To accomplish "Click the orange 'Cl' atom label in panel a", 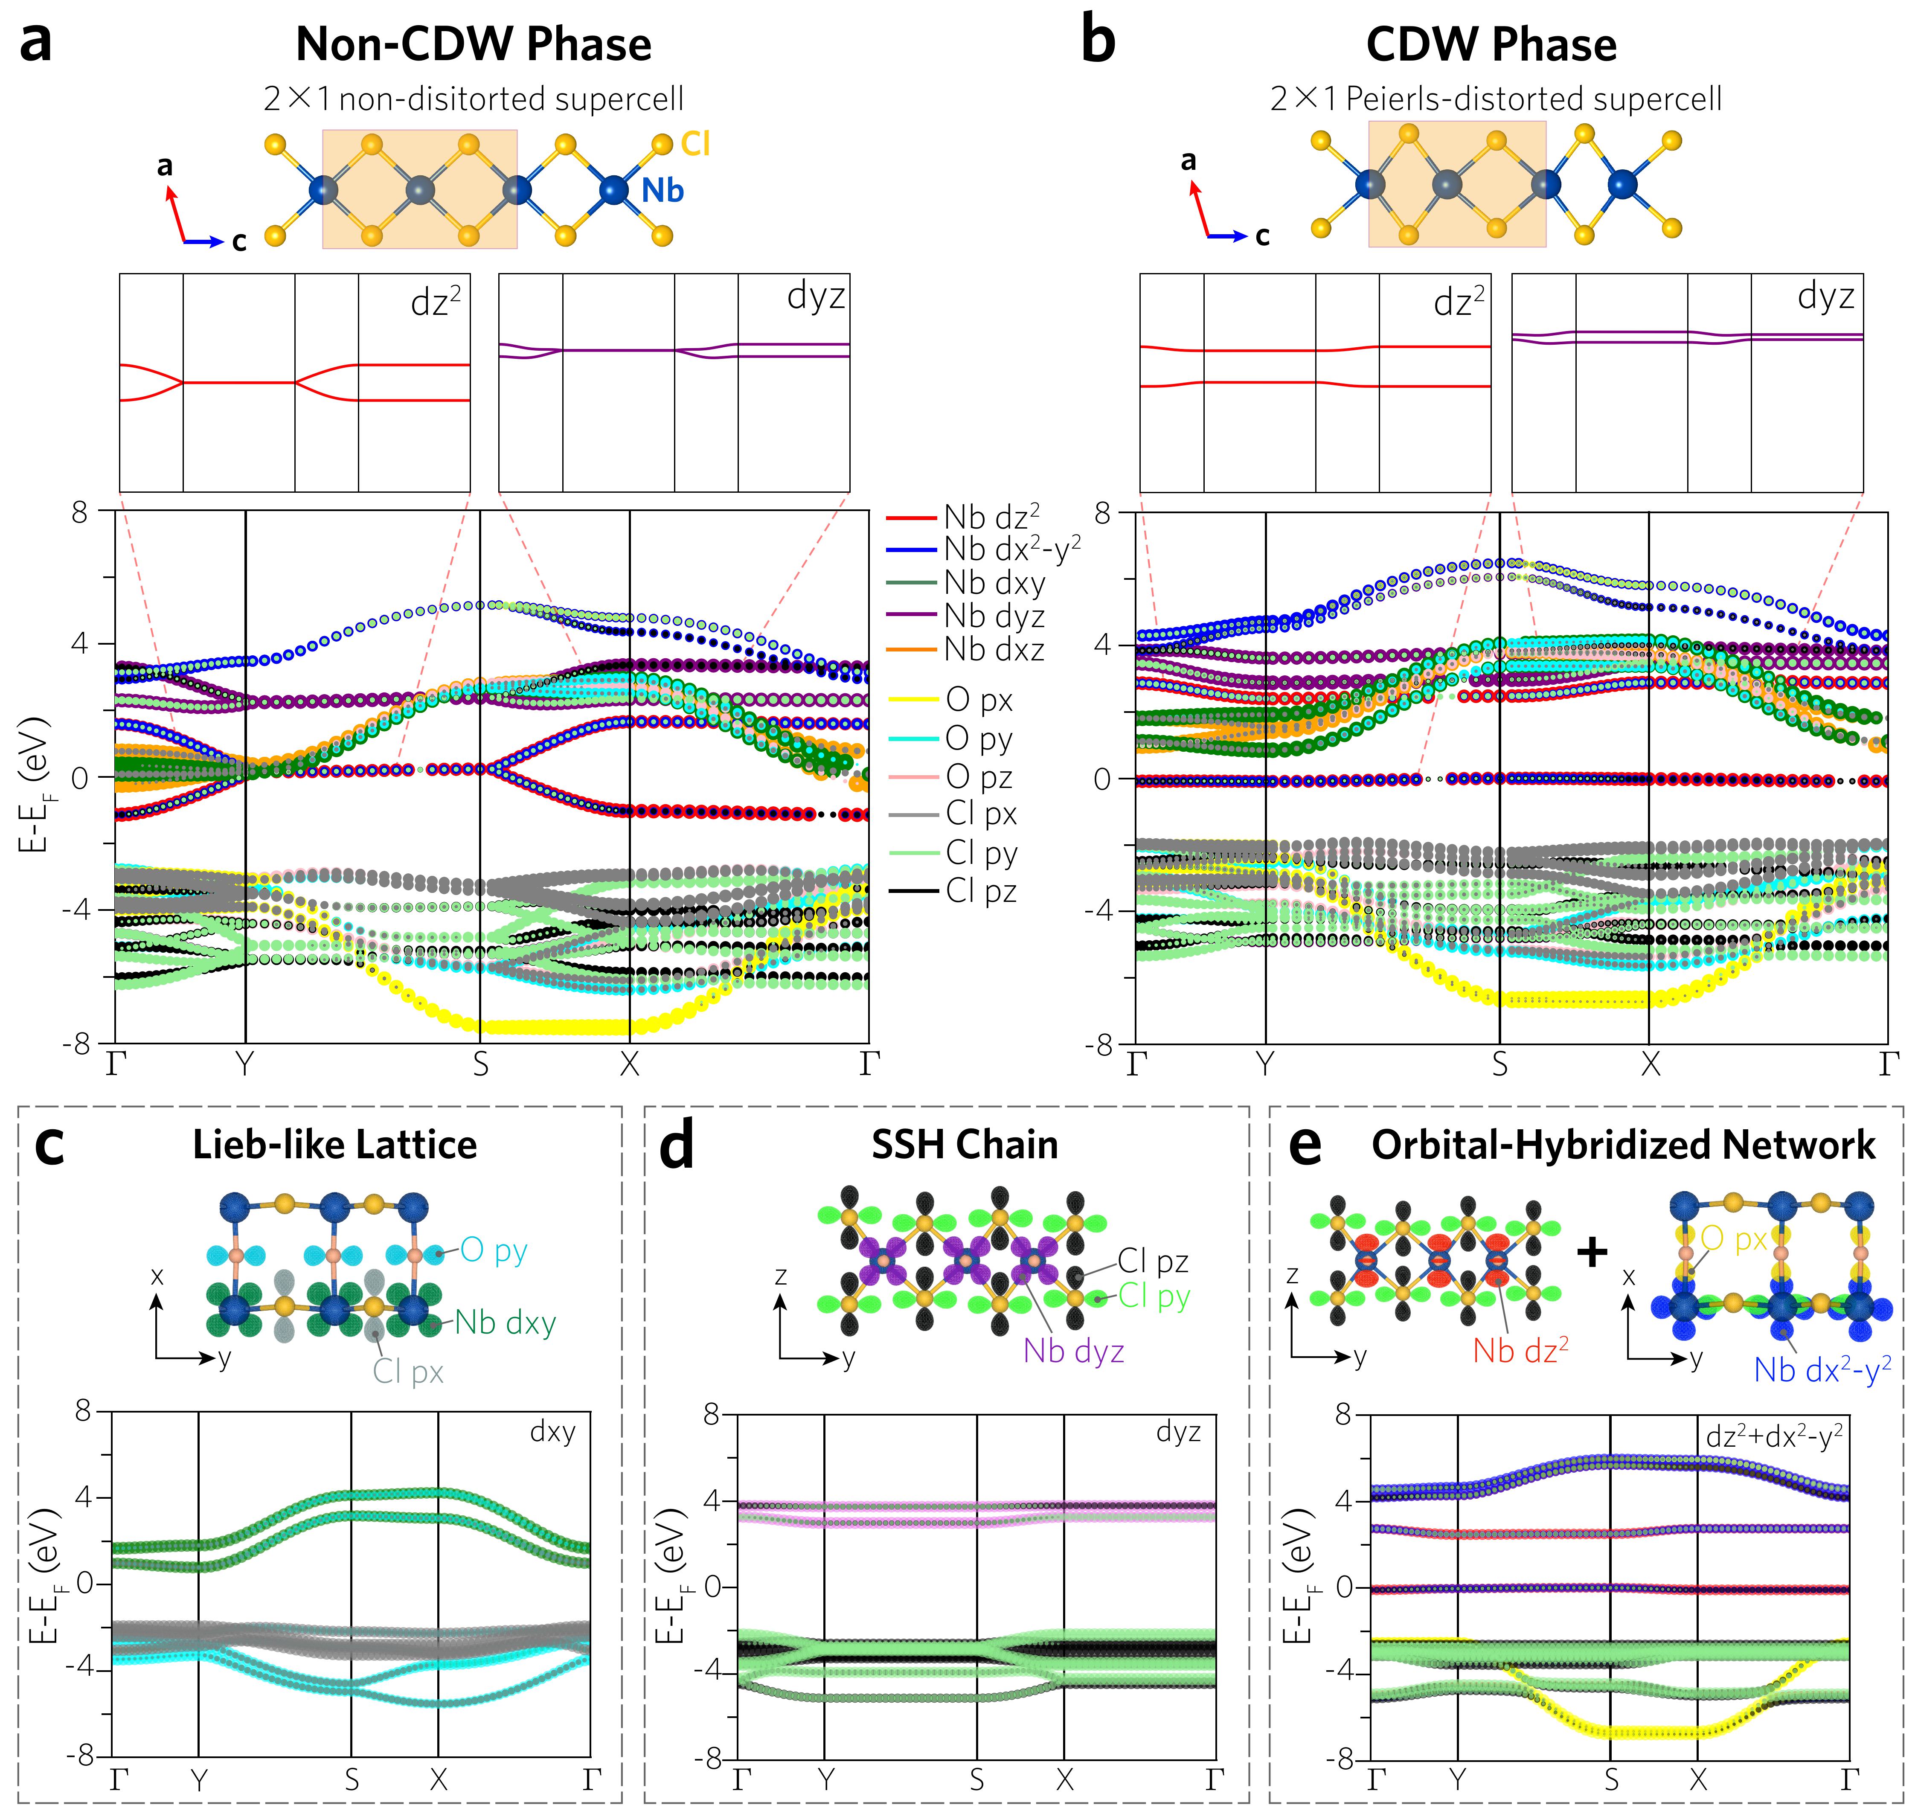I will pyautogui.click(x=696, y=144).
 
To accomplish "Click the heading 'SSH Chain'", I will pyautogui.click(x=965, y=1145).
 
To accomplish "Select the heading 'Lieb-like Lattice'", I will pyautogui.click(x=334, y=1145).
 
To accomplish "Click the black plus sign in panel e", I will pyautogui.click(x=1592, y=1252).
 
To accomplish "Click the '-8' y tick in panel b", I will pyautogui.click(x=1101, y=1046).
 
